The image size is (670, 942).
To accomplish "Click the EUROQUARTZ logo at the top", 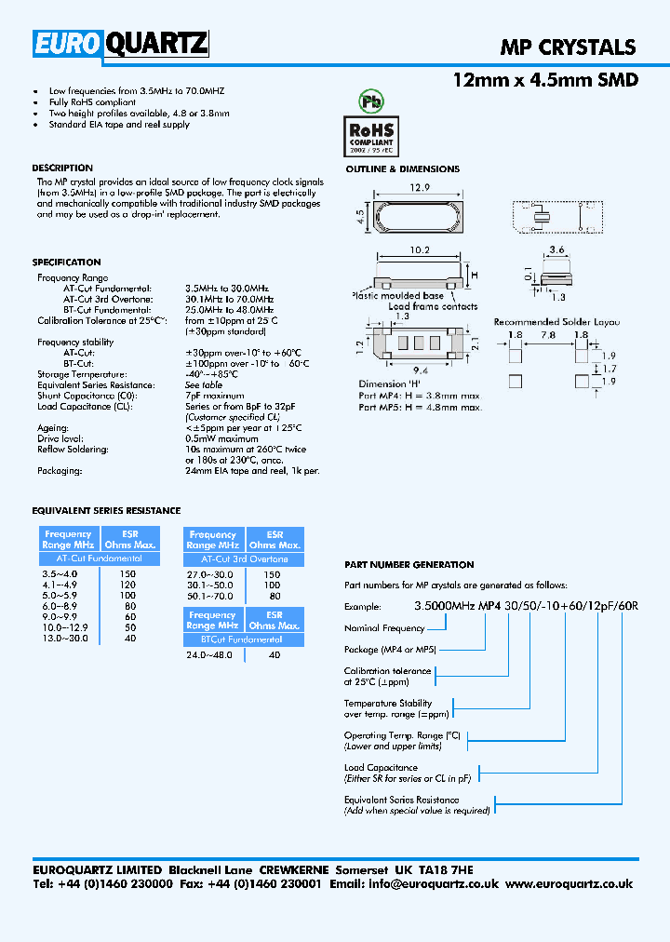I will [121, 45].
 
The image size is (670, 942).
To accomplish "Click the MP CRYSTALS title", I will [568, 47].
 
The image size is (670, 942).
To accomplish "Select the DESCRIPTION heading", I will [62, 168].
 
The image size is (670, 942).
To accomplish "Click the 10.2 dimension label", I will [419, 249].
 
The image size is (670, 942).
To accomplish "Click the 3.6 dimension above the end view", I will [556, 249].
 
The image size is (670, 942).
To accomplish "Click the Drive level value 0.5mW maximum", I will [221, 438].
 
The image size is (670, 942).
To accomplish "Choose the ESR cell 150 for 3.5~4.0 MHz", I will [127, 574].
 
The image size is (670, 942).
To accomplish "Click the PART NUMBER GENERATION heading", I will [409, 565].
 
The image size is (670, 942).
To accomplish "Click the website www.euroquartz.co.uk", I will [569, 884].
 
